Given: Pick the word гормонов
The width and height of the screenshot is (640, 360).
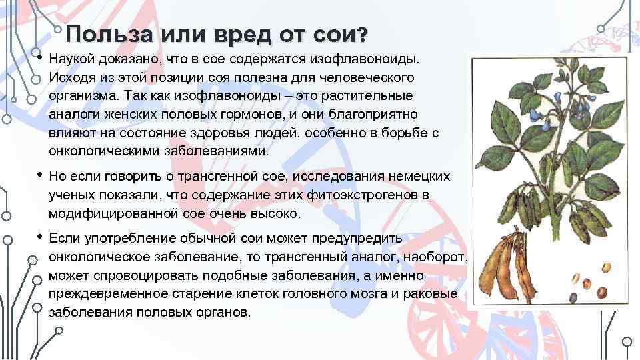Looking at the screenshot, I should click(253, 114).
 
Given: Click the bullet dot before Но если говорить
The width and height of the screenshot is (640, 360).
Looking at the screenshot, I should click(40, 175).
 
